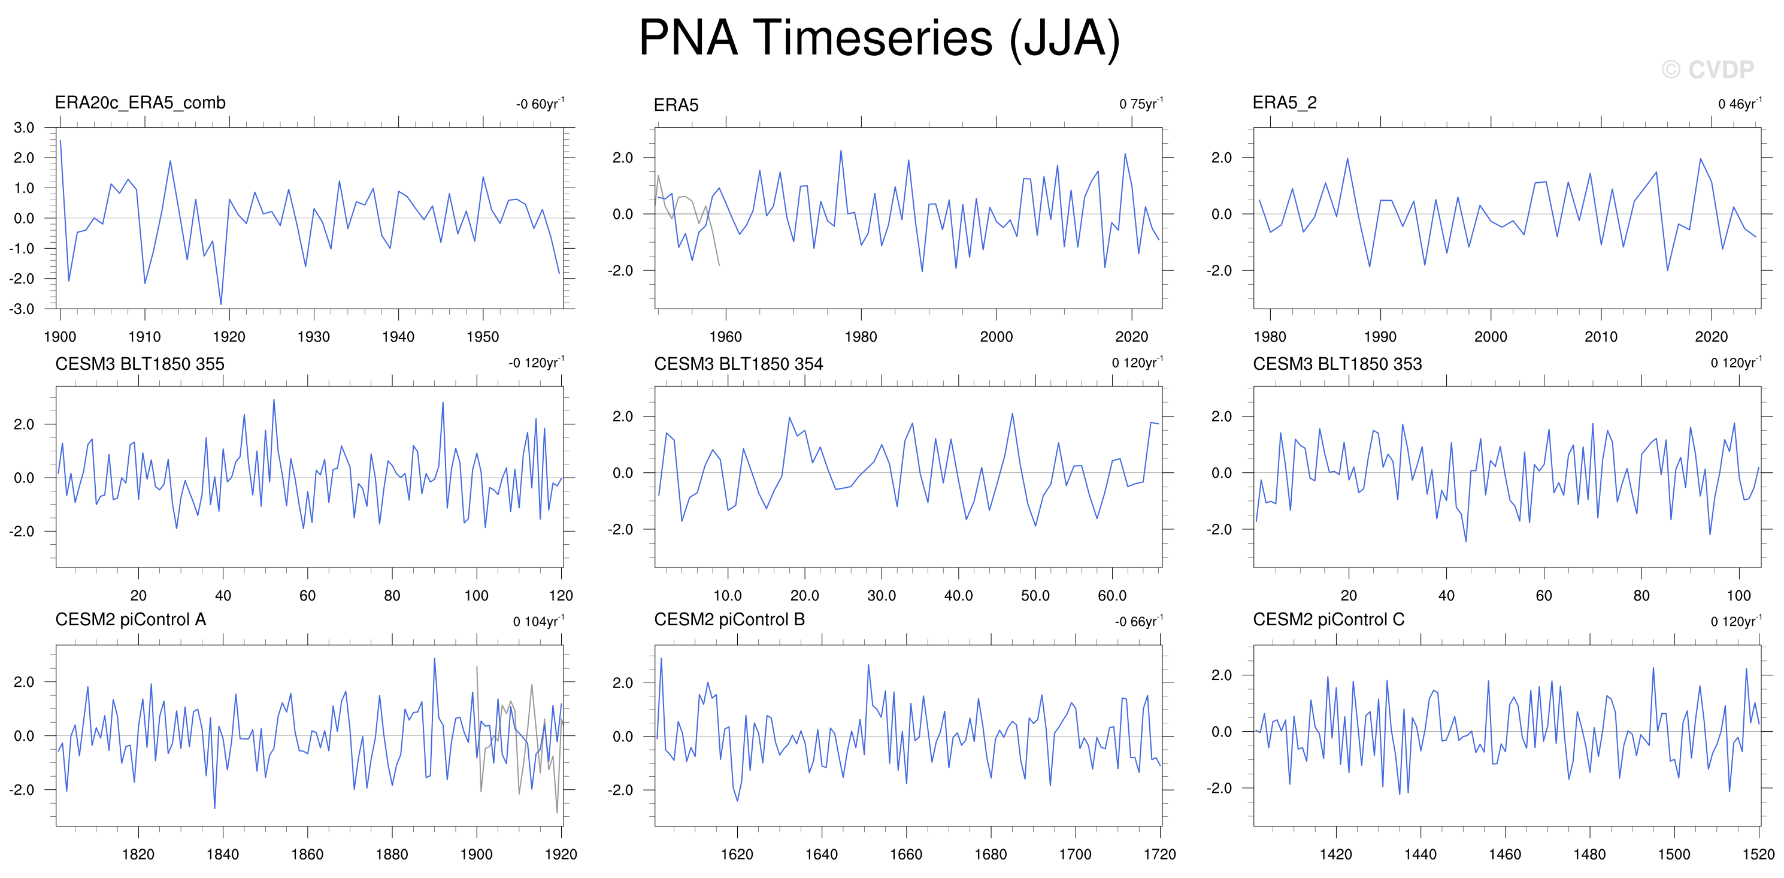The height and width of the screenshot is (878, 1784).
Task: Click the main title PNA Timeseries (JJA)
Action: (879, 38)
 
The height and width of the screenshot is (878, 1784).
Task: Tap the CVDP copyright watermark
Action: (1707, 70)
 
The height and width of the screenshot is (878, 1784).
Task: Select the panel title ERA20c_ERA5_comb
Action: (140, 102)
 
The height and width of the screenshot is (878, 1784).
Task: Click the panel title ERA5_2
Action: (1285, 102)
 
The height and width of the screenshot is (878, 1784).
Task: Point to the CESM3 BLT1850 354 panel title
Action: (738, 364)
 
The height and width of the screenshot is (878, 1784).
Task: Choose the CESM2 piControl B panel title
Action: (729, 620)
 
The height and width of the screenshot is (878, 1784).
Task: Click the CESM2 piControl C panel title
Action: (1328, 620)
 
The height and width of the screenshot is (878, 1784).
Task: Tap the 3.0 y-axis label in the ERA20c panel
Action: (23, 128)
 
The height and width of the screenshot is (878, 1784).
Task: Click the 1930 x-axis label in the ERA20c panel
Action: (314, 337)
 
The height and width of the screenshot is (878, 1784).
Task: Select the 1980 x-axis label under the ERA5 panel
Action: (861, 337)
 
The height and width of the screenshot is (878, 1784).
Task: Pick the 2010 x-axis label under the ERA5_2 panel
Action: (1601, 337)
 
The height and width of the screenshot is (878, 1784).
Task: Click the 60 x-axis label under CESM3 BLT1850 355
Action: (307, 595)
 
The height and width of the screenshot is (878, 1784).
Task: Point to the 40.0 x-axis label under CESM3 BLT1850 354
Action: (959, 595)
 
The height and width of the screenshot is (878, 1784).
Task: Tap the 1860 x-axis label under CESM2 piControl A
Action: (307, 854)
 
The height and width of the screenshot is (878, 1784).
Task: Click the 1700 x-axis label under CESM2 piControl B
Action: (1075, 854)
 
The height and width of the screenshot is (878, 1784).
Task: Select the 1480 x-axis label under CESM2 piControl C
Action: (1589, 854)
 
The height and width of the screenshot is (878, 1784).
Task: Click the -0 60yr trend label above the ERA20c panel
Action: (540, 103)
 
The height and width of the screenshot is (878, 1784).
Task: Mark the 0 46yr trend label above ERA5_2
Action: (1740, 103)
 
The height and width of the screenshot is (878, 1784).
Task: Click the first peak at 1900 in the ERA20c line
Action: (60, 141)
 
